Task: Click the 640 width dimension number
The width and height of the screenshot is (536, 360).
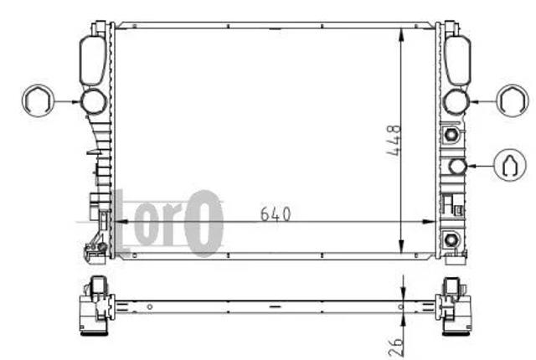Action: pyautogui.click(x=276, y=214)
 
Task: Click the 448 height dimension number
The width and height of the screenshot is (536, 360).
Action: pyautogui.click(x=394, y=141)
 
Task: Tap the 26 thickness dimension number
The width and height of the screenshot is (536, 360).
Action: pyautogui.click(x=396, y=347)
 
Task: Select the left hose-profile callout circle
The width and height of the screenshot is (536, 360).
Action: pyautogui.click(x=38, y=100)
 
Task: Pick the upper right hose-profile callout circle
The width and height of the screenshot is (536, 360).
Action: pyautogui.click(x=512, y=100)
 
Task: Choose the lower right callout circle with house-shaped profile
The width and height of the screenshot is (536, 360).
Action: pyautogui.click(x=510, y=165)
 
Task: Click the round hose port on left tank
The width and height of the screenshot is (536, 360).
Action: pyautogui.click(x=93, y=101)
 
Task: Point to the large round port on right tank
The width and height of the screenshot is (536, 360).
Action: pyautogui.click(x=456, y=101)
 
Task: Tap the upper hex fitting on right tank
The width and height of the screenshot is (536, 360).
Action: pyautogui.click(x=451, y=134)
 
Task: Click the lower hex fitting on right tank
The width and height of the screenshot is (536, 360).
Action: pyautogui.click(x=451, y=239)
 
